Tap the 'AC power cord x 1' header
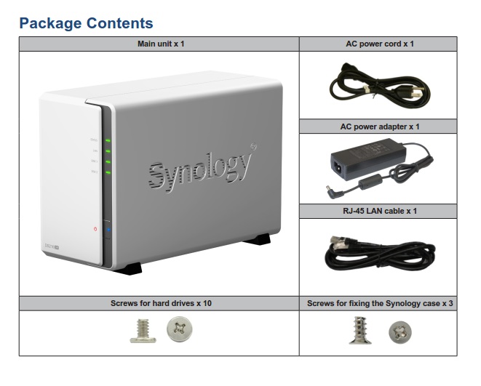pos(379,44)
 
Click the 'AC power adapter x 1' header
pos(379,126)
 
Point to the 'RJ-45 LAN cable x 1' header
pos(379,211)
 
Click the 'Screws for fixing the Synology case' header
pos(379,302)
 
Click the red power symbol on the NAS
pos(95,230)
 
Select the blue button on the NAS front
pos(108,230)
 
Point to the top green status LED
pos(107,140)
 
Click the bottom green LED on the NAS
pos(107,172)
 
